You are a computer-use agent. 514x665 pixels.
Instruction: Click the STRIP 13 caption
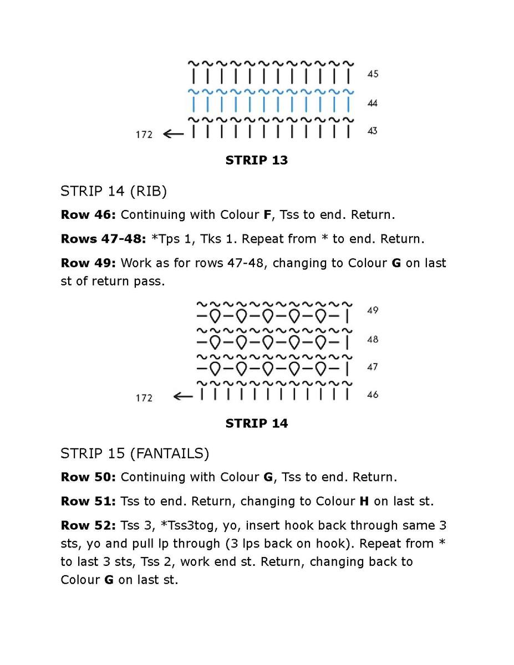256,160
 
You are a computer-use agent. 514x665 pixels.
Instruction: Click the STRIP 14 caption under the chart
256,423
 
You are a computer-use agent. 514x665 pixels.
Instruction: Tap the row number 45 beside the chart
373,74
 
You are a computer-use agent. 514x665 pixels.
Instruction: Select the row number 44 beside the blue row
373,103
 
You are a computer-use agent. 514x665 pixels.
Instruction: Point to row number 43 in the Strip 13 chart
373,131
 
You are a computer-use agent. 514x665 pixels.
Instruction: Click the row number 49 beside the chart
373,310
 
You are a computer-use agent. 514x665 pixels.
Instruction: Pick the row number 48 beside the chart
373,339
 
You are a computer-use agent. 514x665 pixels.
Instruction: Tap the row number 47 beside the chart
373,367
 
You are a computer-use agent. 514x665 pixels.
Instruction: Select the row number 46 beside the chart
373,395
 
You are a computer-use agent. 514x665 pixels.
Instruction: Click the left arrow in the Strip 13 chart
173,134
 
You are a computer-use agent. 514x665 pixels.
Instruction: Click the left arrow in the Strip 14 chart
182,396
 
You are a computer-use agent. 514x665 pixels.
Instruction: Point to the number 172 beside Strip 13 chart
144,134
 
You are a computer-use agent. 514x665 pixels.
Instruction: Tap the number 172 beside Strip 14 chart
144,397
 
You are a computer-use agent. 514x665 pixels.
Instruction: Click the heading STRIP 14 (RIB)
114,191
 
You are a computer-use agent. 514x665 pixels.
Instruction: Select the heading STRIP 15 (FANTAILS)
135,454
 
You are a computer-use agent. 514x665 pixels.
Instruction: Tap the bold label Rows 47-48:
103,238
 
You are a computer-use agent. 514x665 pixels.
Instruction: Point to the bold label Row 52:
88,525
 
